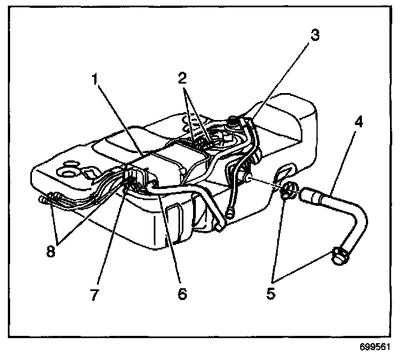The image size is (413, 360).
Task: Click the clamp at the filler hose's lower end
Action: coord(339,256)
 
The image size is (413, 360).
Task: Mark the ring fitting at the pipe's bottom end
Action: coord(230,212)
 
